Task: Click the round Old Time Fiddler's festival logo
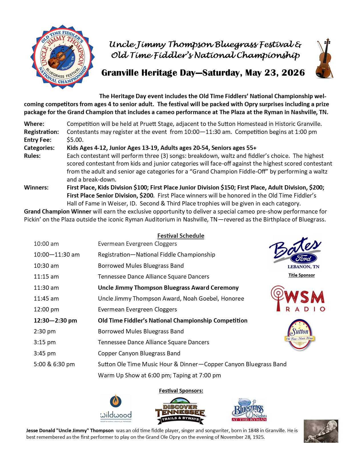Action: [63, 57]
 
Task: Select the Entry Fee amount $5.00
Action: [75, 140]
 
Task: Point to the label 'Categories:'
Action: [39, 148]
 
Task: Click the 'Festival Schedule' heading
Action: [181, 236]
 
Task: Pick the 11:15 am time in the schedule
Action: [46, 277]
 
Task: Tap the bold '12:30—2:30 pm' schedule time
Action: [55, 321]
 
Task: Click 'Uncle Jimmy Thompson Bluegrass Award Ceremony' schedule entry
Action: [168, 288]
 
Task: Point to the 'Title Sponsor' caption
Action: [301, 275]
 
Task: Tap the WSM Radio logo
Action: [298, 299]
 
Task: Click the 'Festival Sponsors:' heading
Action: [181, 391]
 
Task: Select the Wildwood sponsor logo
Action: [116, 408]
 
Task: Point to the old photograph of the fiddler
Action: [321, 431]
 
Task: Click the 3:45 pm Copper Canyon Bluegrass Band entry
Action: [139, 353]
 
